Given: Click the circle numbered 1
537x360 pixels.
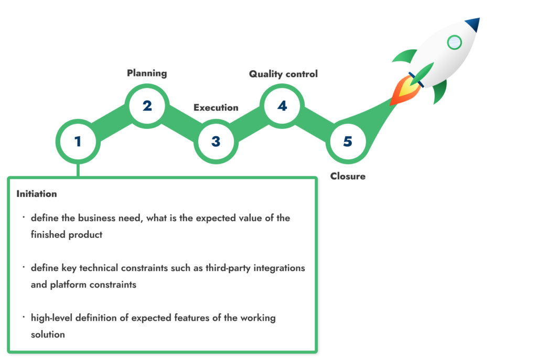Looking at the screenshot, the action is tap(78, 141).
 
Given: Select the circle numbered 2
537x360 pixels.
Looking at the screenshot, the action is tap(147, 106).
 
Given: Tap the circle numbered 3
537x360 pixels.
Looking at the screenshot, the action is tap(216, 141).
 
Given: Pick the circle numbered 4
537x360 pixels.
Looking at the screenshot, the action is tap(282, 106).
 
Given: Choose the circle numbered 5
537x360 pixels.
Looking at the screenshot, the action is tap(348, 141).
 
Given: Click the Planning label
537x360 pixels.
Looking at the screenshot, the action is tap(147, 73).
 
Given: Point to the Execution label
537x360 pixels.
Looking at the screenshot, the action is tap(216, 107).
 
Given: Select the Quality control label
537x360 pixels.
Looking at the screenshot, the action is tap(283, 74).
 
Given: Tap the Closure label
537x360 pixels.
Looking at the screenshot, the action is tap(348, 176).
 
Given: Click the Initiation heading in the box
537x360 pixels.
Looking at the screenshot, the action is tap(37, 194).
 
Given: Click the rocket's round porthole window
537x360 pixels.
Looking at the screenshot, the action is tap(455, 42).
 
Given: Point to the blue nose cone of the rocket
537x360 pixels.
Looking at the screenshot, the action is tap(473, 24).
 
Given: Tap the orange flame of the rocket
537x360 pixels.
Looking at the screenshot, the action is tap(405, 90).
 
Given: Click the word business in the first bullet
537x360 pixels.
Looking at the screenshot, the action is tap(97, 218).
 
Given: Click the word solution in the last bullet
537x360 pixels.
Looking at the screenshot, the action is tap(48, 334).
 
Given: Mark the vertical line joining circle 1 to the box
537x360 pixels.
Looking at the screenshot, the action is tap(78, 170).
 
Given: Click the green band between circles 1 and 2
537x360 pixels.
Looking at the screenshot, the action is tap(113, 123).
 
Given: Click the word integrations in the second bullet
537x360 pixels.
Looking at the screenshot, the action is tap(279, 268).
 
